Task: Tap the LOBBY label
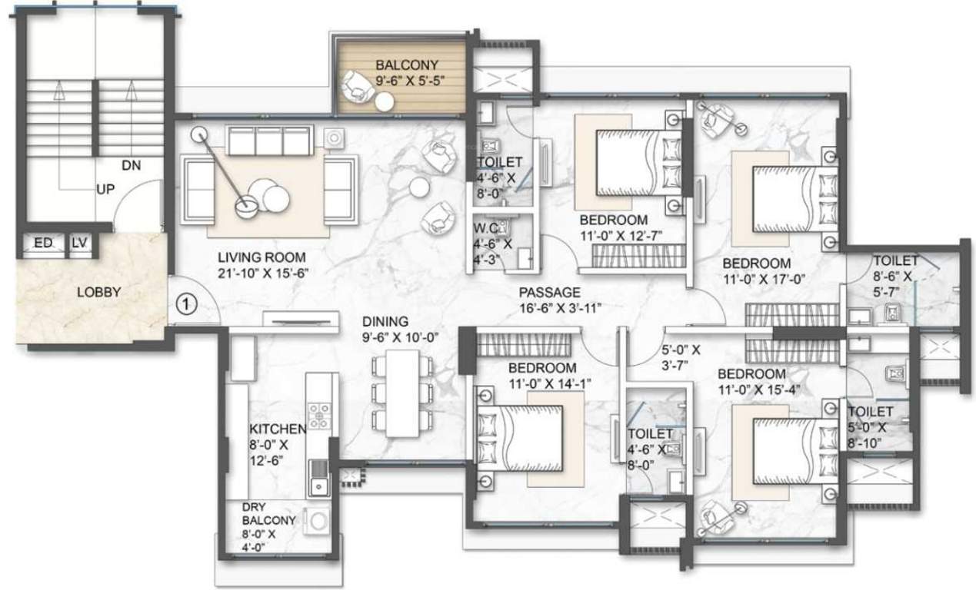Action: (99, 292)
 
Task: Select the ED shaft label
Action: (42, 244)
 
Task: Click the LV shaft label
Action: (79, 244)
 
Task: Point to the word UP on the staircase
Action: (105, 189)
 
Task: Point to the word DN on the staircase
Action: (130, 164)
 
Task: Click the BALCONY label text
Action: (407, 65)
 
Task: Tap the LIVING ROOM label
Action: (261, 257)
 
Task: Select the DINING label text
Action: (387, 323)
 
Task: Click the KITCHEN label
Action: (277, 429)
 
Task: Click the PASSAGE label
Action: (549, 293)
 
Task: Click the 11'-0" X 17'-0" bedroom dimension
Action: (764, 280)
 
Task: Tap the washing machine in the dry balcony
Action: (317, 522)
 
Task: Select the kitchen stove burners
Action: (318, 416)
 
